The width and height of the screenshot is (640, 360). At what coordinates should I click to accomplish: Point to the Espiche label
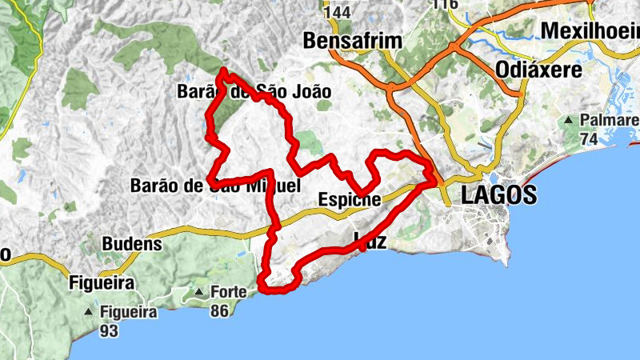point(349,199)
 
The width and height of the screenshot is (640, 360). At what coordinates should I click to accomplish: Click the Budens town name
point(132,243)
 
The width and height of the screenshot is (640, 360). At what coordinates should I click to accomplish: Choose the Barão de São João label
point(253,92)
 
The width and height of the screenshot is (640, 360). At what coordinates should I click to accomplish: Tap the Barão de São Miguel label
point(214,186)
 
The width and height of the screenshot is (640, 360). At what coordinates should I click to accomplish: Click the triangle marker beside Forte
point(198,292)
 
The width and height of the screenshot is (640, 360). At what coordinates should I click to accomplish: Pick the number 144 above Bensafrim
point(338,13)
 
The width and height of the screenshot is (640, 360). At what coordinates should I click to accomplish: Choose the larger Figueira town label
point(101,282)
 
